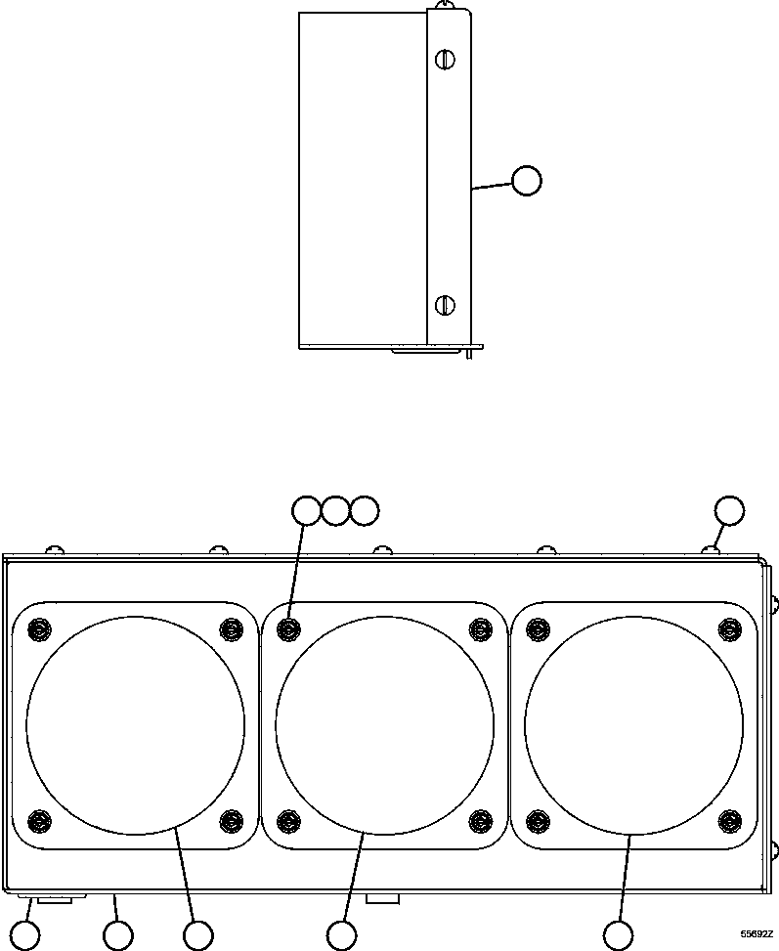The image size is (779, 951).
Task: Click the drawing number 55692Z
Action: point(756,934)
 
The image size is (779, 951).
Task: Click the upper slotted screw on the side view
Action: point(445,60)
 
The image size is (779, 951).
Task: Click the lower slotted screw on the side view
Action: point(445,304)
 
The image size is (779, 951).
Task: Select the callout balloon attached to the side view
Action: point(527,181)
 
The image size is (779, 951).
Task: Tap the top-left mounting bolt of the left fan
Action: point(39,628)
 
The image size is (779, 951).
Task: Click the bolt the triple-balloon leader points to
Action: point(288,628)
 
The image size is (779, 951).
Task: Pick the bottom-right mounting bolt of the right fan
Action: point(728,819)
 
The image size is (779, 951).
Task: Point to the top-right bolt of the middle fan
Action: point(480,628)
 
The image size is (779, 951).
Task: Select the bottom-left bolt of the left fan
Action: point(39,819)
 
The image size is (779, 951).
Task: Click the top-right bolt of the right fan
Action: point(728,628)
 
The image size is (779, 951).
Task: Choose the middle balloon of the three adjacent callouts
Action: point(335,510)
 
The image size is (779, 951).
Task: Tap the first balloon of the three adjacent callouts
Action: point(307,510)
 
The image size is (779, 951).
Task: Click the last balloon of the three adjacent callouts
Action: point(364,510)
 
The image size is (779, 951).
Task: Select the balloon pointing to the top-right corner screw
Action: point(729,510)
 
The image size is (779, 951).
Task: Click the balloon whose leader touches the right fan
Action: point(618,935)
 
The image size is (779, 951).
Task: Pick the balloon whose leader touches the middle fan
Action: point(341,935)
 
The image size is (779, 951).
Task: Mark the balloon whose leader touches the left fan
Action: point(198,935)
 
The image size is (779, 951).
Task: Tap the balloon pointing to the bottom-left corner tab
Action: point(25,935)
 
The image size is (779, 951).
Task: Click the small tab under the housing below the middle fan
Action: point(382,897)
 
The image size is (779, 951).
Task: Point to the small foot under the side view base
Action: point(470,353)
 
